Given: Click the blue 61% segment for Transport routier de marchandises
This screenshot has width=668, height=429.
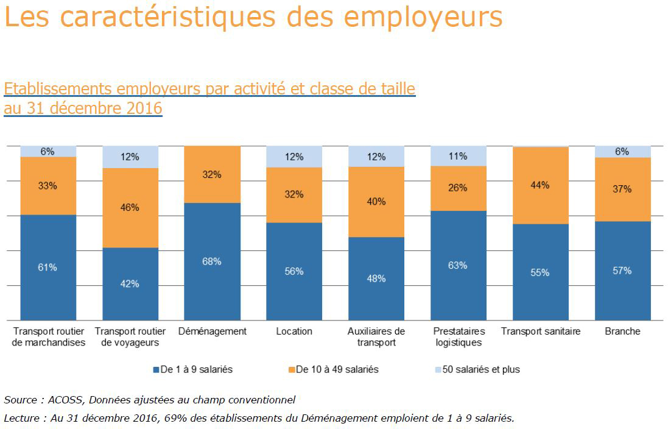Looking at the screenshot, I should (x=48, y=267).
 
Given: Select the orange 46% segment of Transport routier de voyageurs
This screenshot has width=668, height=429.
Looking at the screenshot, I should (x=130, y=207).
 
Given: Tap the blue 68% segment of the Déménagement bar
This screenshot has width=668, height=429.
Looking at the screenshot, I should (x=212, y=261).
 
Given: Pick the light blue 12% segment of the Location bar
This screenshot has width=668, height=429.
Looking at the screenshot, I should (x=294, y=157).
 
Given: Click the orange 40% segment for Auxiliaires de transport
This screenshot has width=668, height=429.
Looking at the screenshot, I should (x=376, y=202).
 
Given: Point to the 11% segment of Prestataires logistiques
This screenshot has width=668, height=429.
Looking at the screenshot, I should (x=458, y=156).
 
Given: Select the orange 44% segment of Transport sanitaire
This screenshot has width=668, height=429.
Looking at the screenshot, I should (x=540, y=185).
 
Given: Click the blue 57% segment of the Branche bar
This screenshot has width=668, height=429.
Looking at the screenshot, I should (x=622, y=271).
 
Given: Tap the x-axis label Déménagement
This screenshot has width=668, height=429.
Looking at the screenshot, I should (x=213, y=331).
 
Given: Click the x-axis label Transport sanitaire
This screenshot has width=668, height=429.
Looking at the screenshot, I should (x=540, y=331).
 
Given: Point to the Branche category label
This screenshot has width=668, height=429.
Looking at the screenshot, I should (x=622, y=331).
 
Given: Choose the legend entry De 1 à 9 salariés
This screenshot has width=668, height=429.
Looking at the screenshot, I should (x=193, y=369).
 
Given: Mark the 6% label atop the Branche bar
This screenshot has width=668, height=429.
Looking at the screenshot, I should (x=622, y=152).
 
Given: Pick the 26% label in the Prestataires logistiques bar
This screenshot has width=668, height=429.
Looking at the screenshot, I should (x=458, y=188).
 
